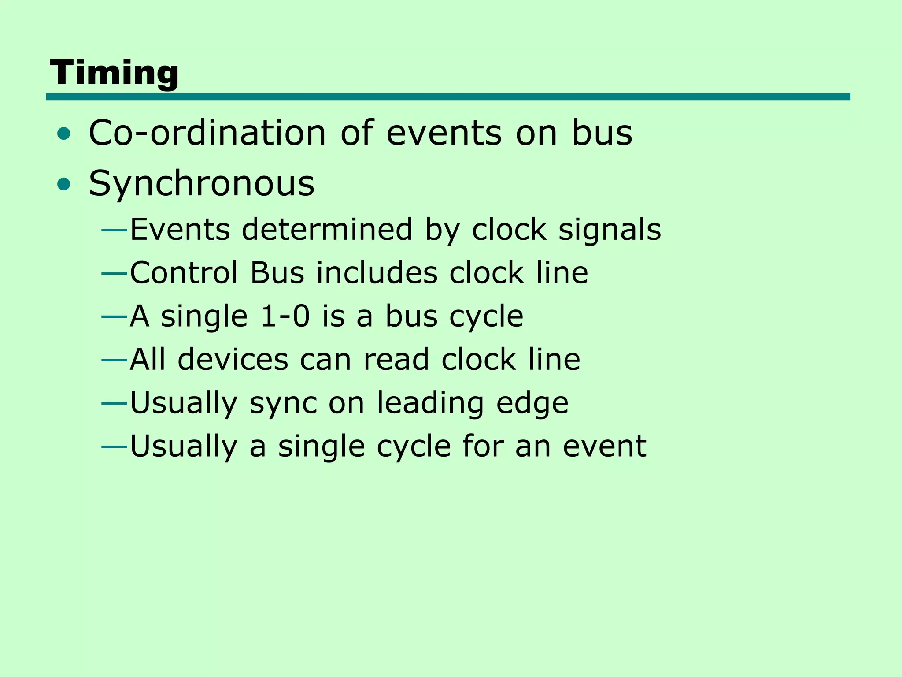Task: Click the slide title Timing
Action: click(x=114, y=73)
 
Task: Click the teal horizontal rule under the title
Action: click(x=448, y=97)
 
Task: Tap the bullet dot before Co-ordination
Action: click(x=64, y=134)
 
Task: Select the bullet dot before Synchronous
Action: click(x=64, y=184)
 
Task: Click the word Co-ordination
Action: click(x=207, y=133)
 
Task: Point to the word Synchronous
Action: click(x=202, y=184)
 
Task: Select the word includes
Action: click(x=377, y=273)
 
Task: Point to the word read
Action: click(x=396, y=359)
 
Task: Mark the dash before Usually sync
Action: click(x=114, y=403)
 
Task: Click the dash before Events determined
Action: click(x=114, y=230)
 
